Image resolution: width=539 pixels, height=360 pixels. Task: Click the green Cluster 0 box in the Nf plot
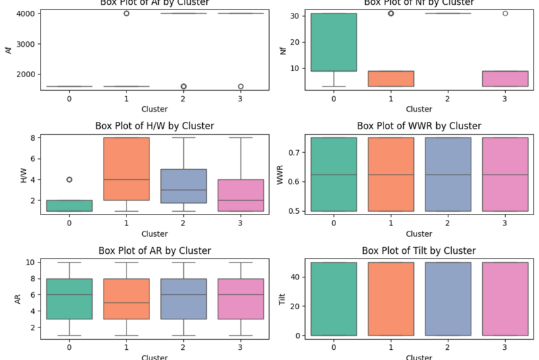coord(334,42)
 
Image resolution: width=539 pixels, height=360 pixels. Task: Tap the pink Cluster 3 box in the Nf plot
coord(505,78)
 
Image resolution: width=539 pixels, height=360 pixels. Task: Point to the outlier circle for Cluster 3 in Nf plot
coord(505,14)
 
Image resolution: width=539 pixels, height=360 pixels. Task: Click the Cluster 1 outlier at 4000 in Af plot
coord(126,14)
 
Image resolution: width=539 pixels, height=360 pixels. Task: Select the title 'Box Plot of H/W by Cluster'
coord(155,126)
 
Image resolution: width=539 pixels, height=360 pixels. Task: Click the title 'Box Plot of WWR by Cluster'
coord(419,126)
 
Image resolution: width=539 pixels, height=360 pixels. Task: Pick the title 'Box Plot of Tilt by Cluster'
coord(419,251)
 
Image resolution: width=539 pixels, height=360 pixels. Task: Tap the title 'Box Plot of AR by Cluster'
coord(155,251)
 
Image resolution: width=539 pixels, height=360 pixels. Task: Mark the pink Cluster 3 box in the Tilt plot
coord(505,298)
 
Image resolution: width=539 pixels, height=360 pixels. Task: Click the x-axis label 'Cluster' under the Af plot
coord(155,109)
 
